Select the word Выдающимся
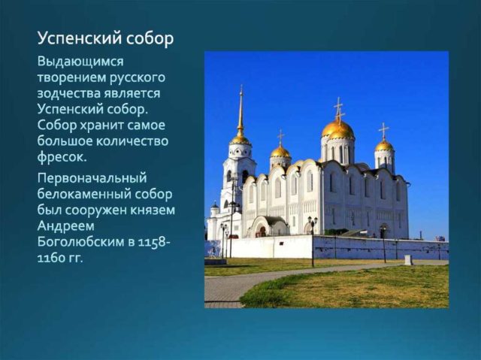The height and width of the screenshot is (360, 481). point(80,61)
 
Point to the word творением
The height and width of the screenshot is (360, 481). point(71,77)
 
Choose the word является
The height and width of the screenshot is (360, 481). point(136,93)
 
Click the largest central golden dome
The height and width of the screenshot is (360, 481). point(338,130)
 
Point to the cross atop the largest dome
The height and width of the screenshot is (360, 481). point(338,107)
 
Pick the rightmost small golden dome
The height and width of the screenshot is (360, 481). point(384,144)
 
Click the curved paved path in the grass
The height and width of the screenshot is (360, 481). point(248,282)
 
